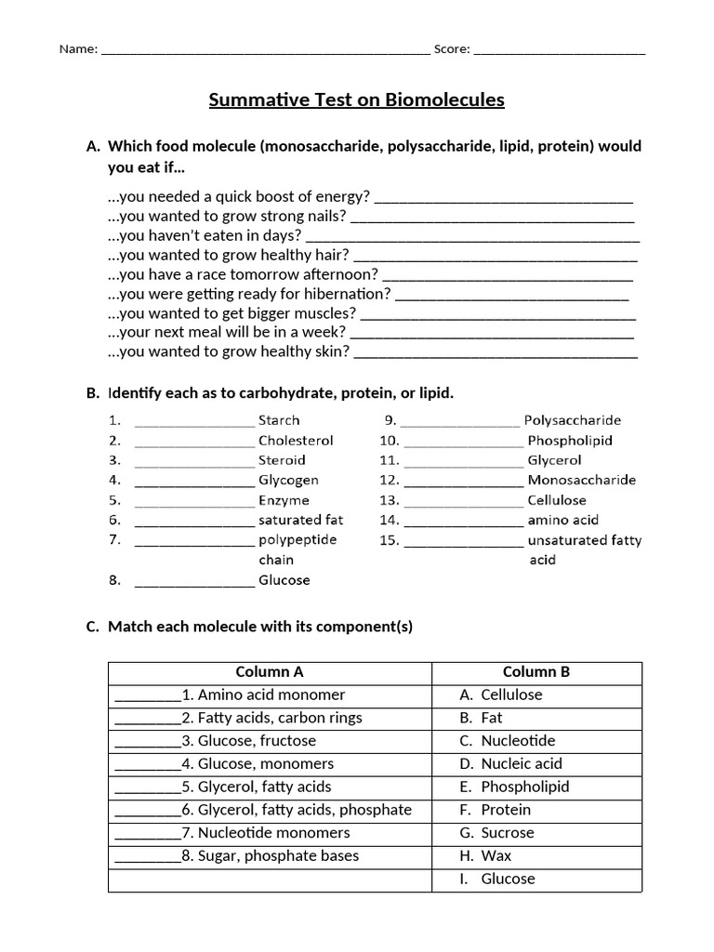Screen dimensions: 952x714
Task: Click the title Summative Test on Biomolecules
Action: pos(356,99)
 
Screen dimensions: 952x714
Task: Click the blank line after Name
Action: pos(265,51)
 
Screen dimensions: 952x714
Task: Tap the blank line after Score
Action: pos(560,51)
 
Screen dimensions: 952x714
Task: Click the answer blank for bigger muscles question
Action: pos(497,315)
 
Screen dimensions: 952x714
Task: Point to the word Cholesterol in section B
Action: pos(296,441)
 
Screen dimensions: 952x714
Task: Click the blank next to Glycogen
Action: pos(194,482)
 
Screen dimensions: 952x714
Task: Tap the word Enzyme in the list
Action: pos(284,500)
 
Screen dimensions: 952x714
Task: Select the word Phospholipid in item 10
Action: pos(570,441)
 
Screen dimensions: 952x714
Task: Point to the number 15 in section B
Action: pos(389,540)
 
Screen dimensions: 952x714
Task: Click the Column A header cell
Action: pos(270,672)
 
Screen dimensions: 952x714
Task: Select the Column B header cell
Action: pos(536,672)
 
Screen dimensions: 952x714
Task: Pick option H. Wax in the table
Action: pos(485,856)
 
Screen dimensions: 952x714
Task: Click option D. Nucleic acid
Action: pos(511,764)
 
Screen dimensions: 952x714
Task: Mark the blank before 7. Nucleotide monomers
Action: pos(147,834)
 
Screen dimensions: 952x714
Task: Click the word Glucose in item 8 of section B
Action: pos(284,580)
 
